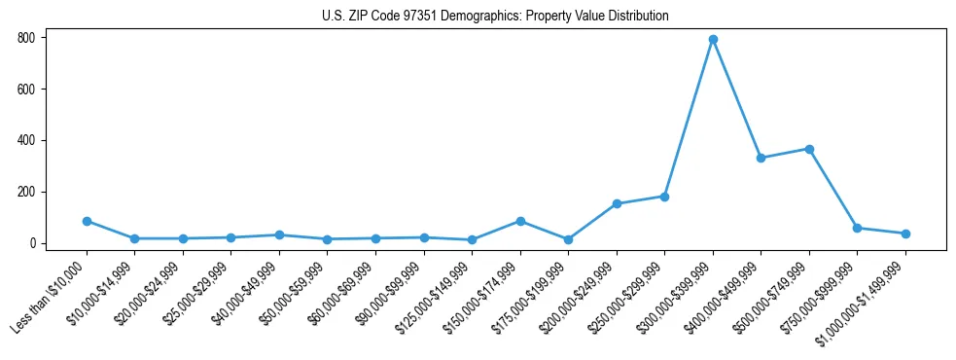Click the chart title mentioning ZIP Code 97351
click(495, 16)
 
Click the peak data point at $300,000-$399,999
click(713, 39)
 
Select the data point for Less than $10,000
click(87, 221)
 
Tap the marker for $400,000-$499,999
click(761, 158)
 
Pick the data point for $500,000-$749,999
click(809, 149)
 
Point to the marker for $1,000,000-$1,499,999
click(905, 234)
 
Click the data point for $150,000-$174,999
click(520, 221)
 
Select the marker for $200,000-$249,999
click(617, 203)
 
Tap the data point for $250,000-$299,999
click(664, 197)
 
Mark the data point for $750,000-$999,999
click(857, 228)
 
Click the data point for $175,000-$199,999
click(568, 239)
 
